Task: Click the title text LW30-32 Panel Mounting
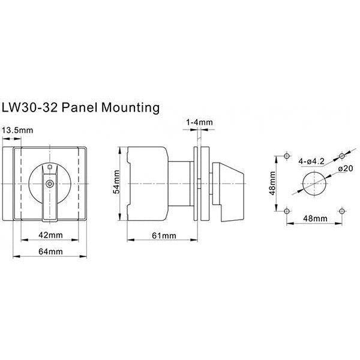(x=81, y=108)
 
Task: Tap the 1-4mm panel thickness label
(x=200, y=122)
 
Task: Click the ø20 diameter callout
(x=344, y=170)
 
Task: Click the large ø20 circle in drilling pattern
(x=314, y=182)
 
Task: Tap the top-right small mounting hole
(x=342, y=155)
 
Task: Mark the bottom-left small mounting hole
(x=287, y=211)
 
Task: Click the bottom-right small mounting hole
(x=342, y=211)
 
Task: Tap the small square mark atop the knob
(x=50, y=167)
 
